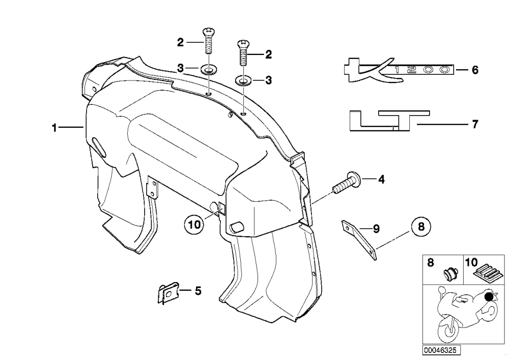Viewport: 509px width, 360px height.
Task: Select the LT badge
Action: (389, 121)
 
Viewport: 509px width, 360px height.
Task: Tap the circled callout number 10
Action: (194, 225)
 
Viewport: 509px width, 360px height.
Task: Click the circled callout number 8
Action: (421, 227)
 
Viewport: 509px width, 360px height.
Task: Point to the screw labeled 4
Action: (347, 183)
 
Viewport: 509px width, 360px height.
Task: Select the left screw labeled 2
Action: (208, 41)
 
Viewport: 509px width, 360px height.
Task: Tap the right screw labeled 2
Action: (243, 53)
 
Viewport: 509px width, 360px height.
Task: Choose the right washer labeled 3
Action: (243, 80)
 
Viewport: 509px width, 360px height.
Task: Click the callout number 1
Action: (54, 128)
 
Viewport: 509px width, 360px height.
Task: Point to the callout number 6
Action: (475, 70)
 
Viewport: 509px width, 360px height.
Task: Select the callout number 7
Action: (475, 124)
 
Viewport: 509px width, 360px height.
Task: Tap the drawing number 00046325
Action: (441, 350)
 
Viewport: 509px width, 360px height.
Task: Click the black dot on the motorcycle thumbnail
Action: (489, 296)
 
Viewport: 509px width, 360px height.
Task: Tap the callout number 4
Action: (381, 179)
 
